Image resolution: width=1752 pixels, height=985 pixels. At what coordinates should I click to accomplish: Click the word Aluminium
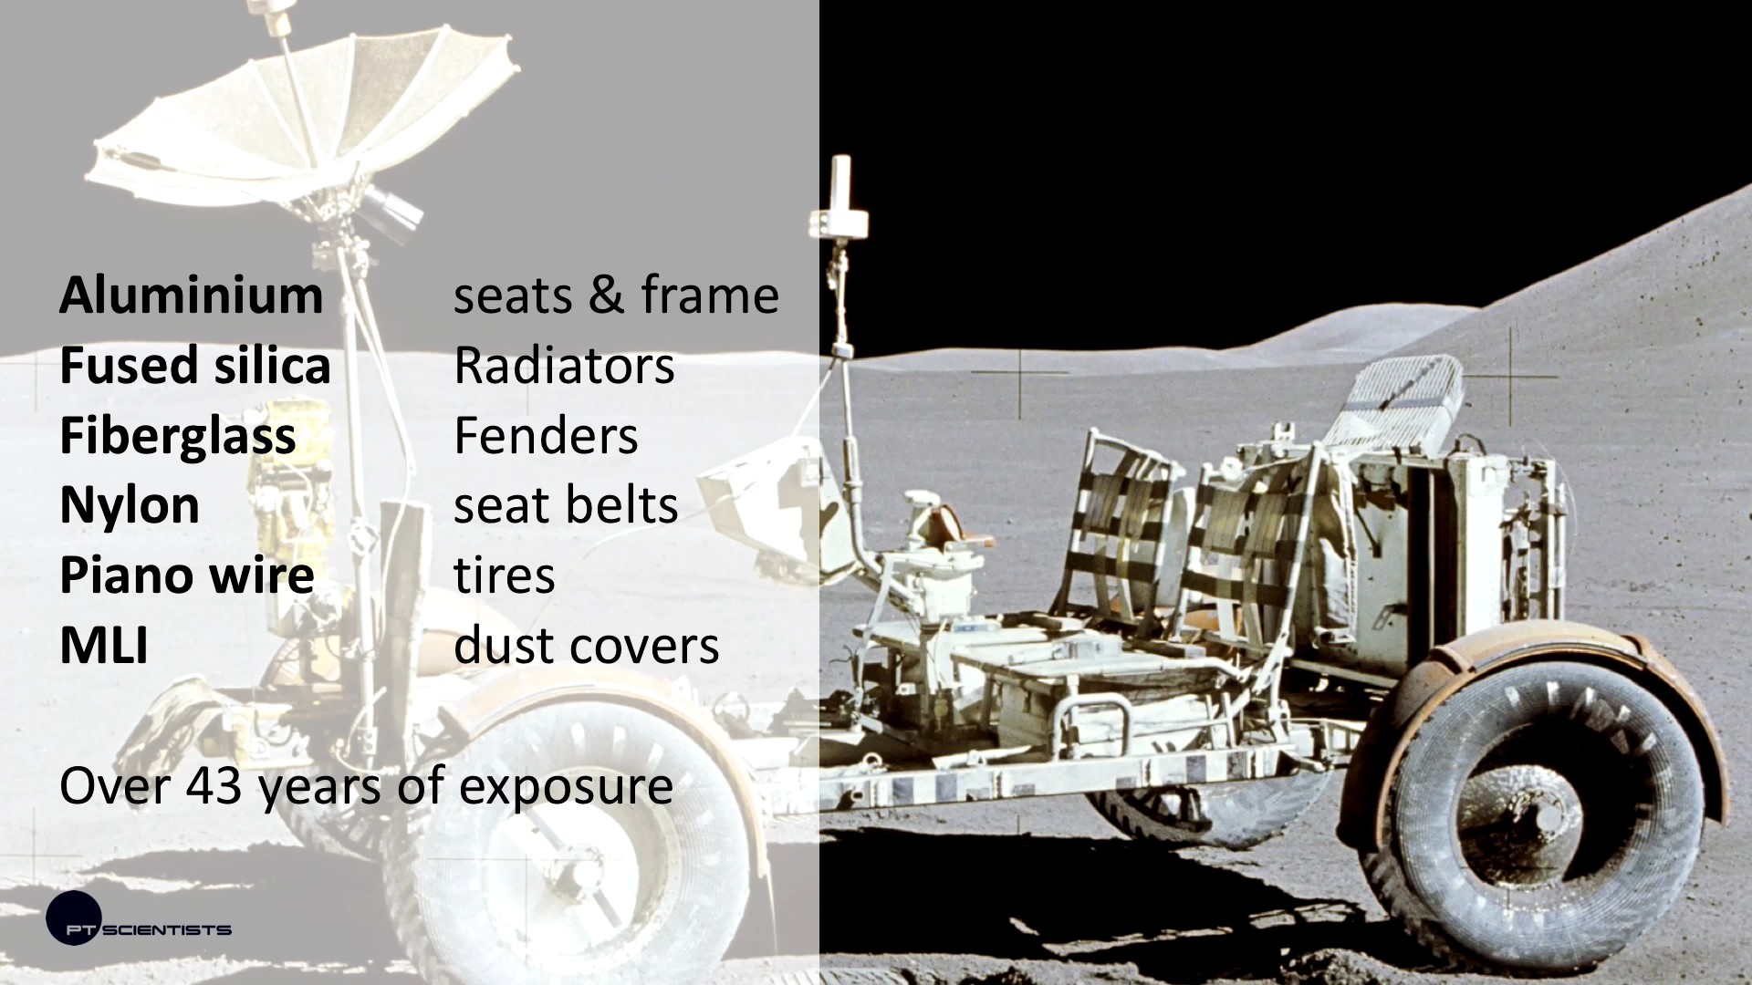(191, 295)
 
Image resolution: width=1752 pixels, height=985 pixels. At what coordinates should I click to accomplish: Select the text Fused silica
(194, 366)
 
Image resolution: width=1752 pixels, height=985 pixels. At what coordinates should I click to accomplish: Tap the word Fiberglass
(178, 437)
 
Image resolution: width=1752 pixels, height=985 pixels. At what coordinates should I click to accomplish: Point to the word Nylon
(130, 506)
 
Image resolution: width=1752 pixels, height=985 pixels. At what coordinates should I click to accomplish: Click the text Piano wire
(187, 575)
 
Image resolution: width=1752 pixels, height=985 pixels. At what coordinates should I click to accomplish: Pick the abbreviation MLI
(104, 646)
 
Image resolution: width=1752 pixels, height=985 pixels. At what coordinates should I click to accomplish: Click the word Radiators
(564, 366)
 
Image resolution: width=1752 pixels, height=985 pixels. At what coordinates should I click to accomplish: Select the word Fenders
(546, 436)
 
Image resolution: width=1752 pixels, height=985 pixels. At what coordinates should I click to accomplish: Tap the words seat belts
(566, 505)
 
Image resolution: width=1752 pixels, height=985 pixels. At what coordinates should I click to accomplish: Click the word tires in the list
(505, 575)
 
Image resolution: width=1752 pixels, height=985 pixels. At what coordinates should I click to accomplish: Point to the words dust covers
(587, 646)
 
